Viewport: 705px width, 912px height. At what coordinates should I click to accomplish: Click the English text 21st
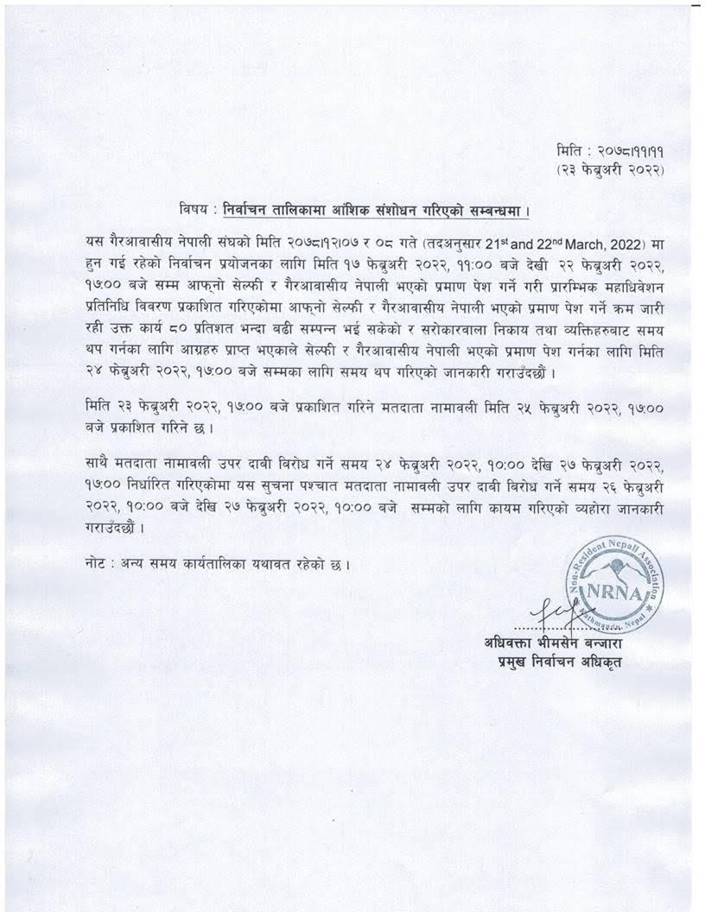[x=441, y=237]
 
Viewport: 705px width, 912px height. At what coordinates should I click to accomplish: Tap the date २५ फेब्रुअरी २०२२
[x=518, y=405]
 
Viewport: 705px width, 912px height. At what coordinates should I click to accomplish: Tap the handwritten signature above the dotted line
[x=551, y=610]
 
